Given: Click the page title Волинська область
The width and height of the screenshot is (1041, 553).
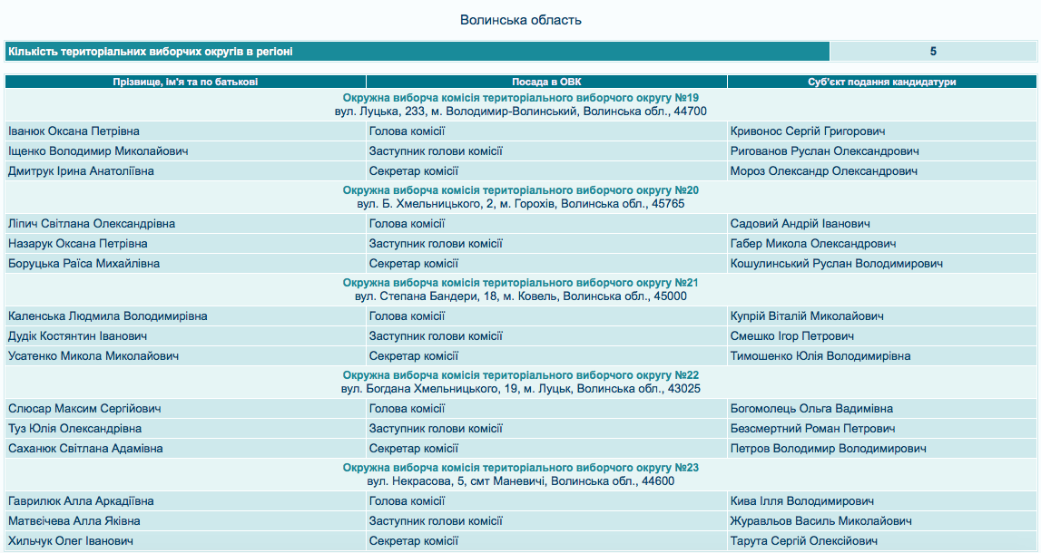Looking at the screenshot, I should tap(520, 20).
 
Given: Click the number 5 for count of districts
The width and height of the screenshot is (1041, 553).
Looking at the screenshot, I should tap(933, 52).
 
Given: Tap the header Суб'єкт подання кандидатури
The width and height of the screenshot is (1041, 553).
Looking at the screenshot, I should tap(881, 82).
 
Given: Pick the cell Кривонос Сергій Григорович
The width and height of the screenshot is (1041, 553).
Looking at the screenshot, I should tap(808, 131).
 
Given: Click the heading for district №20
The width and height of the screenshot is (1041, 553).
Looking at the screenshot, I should tap(520, 190).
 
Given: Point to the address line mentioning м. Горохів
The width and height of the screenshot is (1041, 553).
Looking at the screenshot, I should tap(520, 204).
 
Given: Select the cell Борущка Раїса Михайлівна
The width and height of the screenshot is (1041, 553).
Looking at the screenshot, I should tap(83, 264).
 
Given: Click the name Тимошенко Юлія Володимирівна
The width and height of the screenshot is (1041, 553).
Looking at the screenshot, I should tap(820, 356).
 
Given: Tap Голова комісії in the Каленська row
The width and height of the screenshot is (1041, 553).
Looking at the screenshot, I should tap(407, 316).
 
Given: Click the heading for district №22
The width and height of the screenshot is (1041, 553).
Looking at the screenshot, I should tap(520, 375).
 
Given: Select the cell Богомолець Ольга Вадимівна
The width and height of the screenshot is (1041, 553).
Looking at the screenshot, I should tap(811, 409).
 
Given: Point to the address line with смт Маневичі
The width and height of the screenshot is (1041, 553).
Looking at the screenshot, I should tap(520, 481).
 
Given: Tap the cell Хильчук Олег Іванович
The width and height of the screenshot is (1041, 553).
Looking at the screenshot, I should tap(71, 541).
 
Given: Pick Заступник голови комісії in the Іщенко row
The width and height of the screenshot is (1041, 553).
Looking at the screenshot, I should tap(436, 151).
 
